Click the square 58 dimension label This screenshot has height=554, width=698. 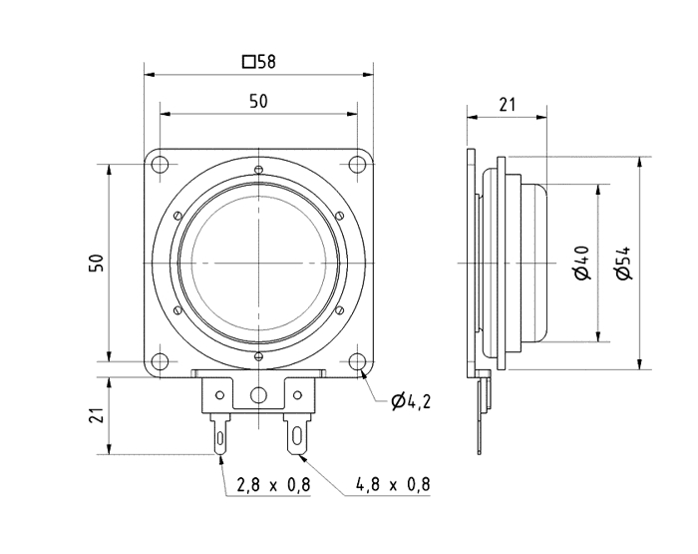(258, 62)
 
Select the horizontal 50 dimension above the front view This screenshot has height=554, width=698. (258, 101)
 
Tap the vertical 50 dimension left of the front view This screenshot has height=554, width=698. (97, 263)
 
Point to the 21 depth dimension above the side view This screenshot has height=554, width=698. (507, 104)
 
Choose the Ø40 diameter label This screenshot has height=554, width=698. (583, 263)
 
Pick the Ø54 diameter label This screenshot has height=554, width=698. (624, 263)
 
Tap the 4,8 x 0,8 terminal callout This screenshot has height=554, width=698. (393, 485)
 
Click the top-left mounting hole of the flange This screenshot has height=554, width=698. (160, 165)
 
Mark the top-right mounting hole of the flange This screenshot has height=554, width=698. (357, 165)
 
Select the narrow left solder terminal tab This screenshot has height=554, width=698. (219, 434)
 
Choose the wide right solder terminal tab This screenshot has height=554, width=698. (297, 432)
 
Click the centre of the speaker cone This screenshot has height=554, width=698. (258, 263)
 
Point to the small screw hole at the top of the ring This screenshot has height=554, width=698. (258, 170)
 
